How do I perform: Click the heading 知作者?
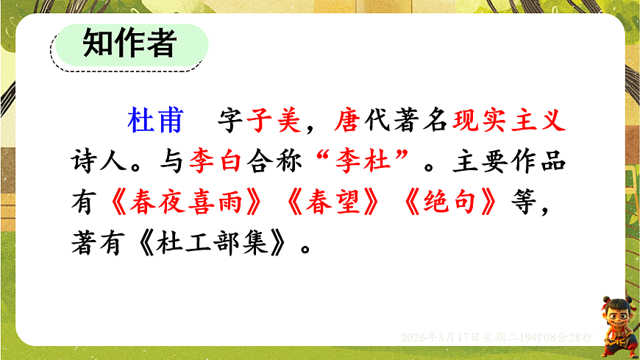coord(129,43)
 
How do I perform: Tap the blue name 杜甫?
coord(155,121)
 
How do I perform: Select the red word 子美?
coord(273,121)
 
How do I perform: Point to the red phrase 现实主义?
coord(510,121)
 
